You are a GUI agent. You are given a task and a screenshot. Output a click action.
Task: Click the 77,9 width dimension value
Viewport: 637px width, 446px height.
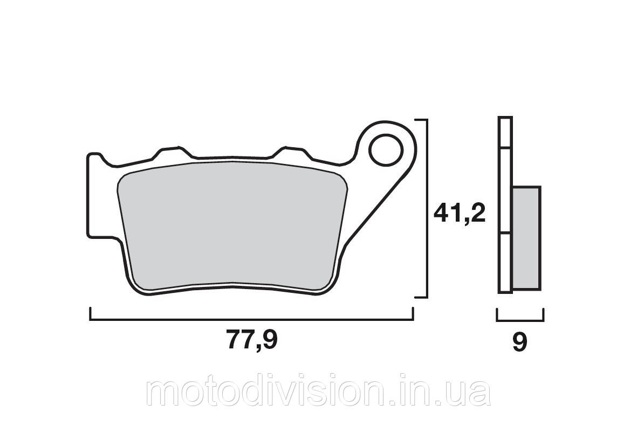point(252,340)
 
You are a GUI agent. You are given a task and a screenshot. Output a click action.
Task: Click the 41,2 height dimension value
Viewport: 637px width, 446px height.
point(460,213)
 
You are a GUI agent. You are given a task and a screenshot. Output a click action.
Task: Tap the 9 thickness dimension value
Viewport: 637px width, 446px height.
point(520,343)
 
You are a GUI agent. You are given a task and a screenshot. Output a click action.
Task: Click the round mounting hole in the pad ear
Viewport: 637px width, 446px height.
point(385,150)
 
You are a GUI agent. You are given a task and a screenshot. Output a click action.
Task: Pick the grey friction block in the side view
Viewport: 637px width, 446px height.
point(526,238)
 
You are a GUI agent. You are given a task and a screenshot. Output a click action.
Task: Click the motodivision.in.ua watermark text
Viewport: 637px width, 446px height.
point(318,393)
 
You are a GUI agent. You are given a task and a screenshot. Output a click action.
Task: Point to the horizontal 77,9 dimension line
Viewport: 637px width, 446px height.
point(251,320)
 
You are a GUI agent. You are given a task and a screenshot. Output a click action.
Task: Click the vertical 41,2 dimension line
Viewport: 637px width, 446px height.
point(427,209)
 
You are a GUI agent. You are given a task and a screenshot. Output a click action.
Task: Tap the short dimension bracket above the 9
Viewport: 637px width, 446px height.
point(520,320)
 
